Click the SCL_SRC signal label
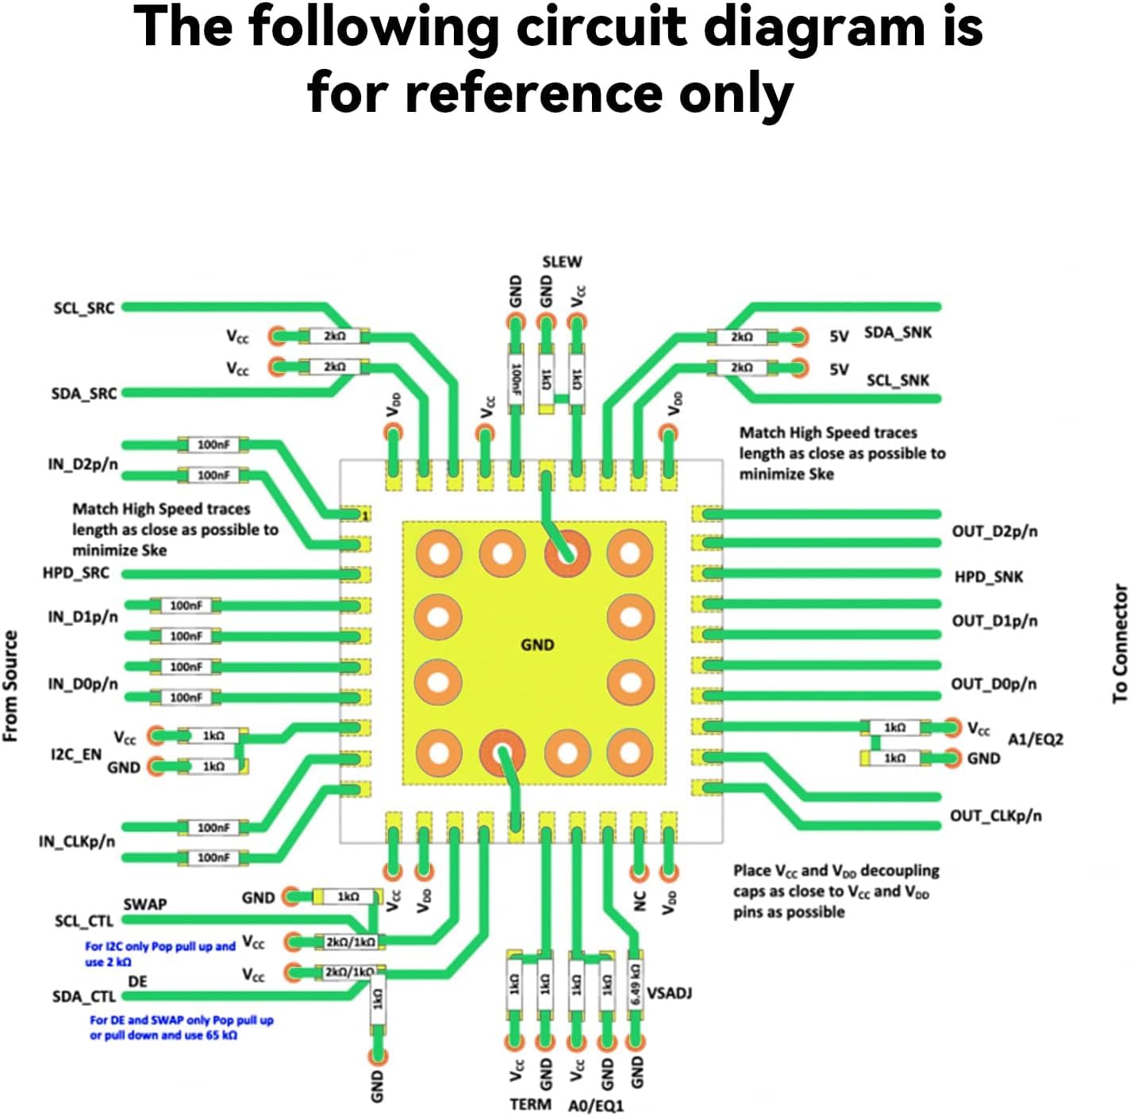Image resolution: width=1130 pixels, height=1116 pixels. [x=83, y=308]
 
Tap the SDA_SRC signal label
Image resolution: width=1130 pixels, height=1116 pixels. [x=83, y=394]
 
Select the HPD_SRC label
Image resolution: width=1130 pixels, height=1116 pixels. [x=75, y=573]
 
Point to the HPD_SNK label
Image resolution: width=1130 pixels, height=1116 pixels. [x=988, y=577]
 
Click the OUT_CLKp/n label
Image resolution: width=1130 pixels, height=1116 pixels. [x=995, y=816]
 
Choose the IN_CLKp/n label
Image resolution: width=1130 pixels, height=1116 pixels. [x=76, y=841]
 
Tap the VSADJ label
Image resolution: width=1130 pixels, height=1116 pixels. [x=669, y=994]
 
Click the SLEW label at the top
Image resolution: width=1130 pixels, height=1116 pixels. [x=562, y=262]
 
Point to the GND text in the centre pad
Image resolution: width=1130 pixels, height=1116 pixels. [x=537, y=645]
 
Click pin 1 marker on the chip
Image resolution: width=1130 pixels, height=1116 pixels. [x=365, y=516]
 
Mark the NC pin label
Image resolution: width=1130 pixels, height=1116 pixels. [x=640, y=901]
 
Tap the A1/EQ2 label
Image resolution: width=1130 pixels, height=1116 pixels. [x=1035, y=740]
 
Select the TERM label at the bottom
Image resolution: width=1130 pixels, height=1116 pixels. [x=530, y=1105]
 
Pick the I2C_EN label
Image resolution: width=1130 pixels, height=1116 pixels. [x=76, y=754]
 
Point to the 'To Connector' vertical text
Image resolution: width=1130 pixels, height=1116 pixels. [x=1120, y=643]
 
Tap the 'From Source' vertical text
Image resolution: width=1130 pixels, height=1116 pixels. [x=10, y=686]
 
